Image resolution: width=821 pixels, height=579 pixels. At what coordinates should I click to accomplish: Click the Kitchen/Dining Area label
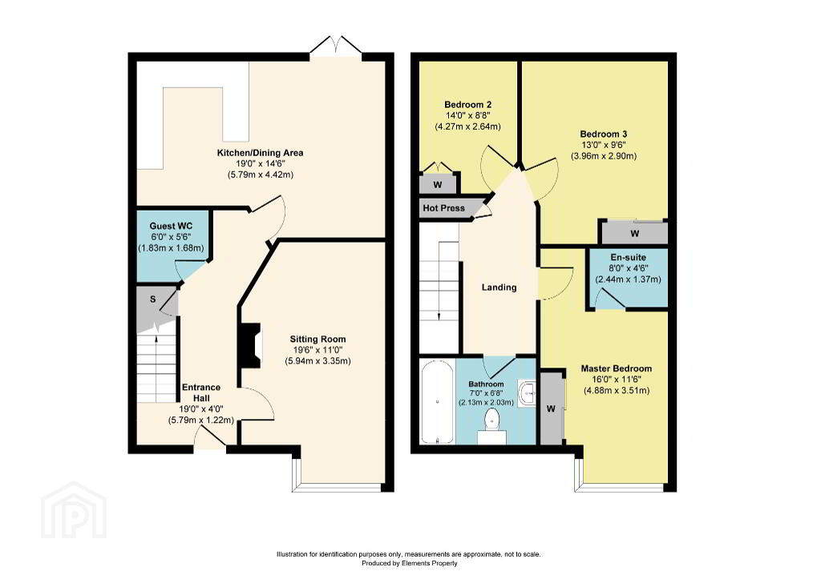tap(261, 153)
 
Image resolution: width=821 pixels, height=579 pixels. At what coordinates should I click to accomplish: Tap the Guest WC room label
tap(171, 226)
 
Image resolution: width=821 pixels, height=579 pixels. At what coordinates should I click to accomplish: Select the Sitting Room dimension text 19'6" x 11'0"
tap(317, 350)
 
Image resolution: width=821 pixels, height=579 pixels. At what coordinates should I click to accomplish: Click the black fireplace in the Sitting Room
tap(250, 346)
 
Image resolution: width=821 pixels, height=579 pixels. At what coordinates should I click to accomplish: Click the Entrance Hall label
tap(201, 392)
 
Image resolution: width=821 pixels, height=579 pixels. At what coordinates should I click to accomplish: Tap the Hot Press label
tap(443, 208)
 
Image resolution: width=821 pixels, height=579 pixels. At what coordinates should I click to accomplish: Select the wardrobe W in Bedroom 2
tap(438, 185)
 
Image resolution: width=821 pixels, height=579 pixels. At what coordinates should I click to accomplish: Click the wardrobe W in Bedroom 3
tap(635, 233)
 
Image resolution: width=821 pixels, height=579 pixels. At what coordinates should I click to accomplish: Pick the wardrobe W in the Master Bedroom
tap(551, 408)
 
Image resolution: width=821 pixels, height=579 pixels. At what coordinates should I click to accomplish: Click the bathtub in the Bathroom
tap(437, 402)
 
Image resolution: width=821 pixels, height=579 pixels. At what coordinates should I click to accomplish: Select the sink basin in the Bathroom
tap(528, 393)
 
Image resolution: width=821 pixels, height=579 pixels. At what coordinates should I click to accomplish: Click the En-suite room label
tap(629, 257)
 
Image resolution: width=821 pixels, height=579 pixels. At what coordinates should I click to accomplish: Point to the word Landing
tap(499, 287)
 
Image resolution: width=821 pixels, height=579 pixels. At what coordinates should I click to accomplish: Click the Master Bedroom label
tap(617, 368)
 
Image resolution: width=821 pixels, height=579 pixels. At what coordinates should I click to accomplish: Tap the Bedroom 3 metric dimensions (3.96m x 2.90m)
tap(603, 156)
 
